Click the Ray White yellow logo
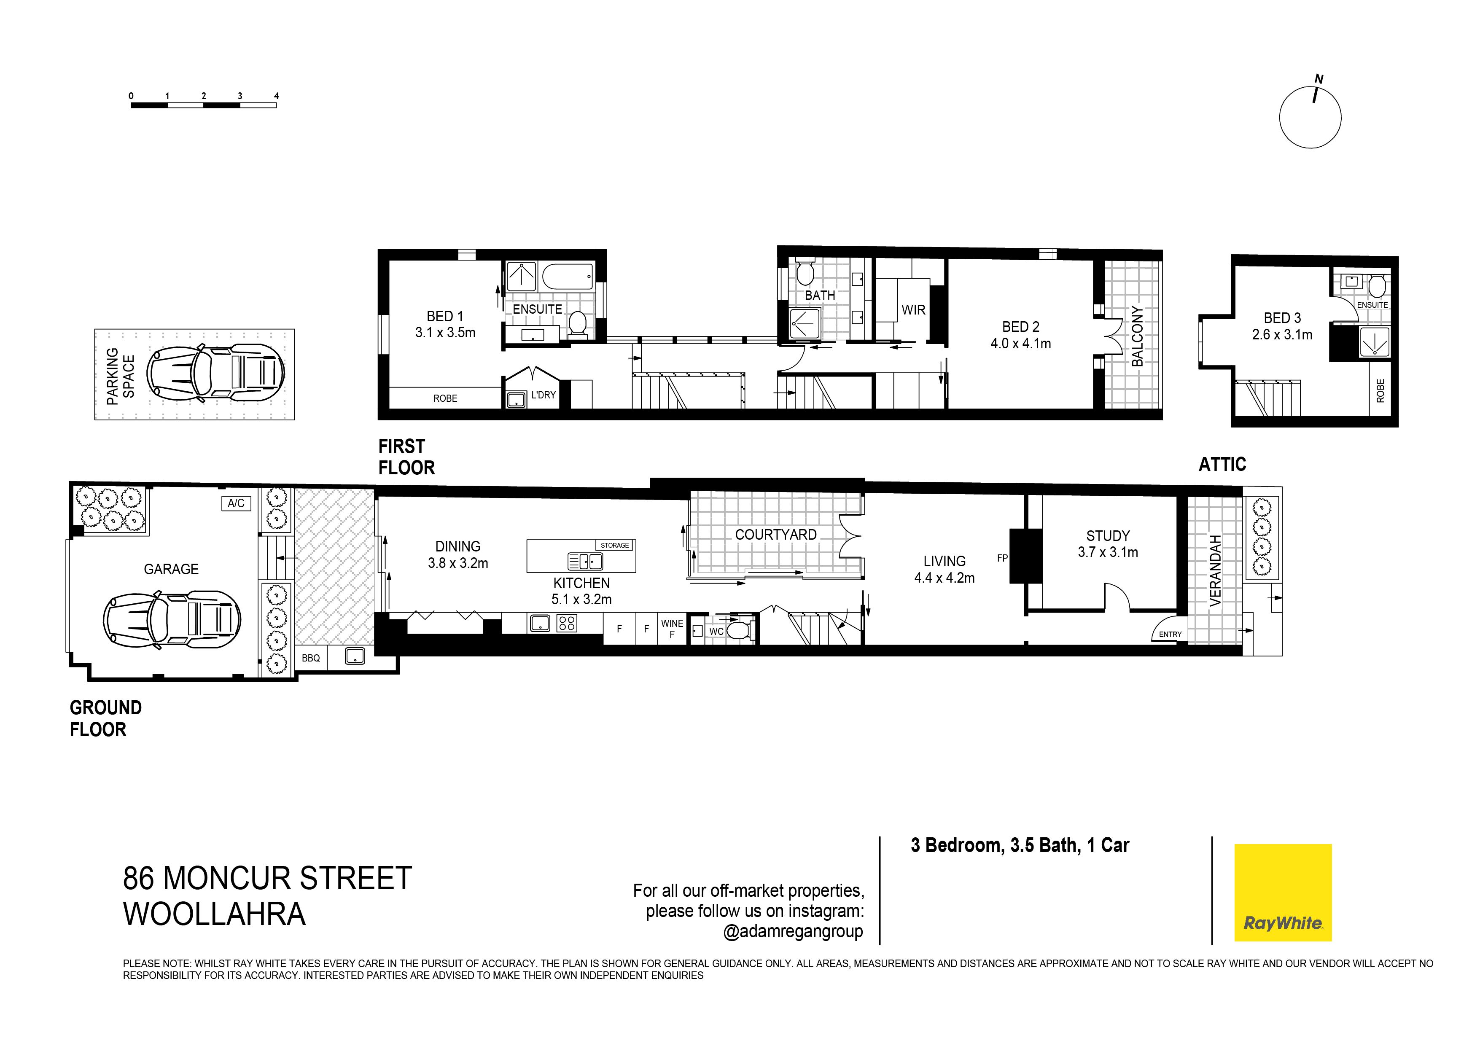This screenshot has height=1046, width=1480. click(1282, 892)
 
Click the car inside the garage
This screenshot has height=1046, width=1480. click(172, 620)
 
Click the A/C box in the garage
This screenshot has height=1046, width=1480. click(236, 503)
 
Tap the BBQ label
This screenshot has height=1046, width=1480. click(311, 658)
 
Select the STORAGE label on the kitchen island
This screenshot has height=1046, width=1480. click(614, 545)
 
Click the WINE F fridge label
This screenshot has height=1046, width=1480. click(672, 628)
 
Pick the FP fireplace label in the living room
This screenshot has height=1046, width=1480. click(1002, 558)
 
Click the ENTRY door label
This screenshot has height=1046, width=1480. click(1170, 634)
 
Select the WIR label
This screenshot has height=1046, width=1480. click(913, 310)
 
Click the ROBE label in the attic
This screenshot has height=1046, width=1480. click(1380, 390)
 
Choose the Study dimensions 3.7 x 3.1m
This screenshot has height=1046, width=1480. click(1107, 552)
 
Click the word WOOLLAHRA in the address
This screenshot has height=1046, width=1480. click(214, 914)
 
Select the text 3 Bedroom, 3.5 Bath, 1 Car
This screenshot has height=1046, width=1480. click(1020, 846)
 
